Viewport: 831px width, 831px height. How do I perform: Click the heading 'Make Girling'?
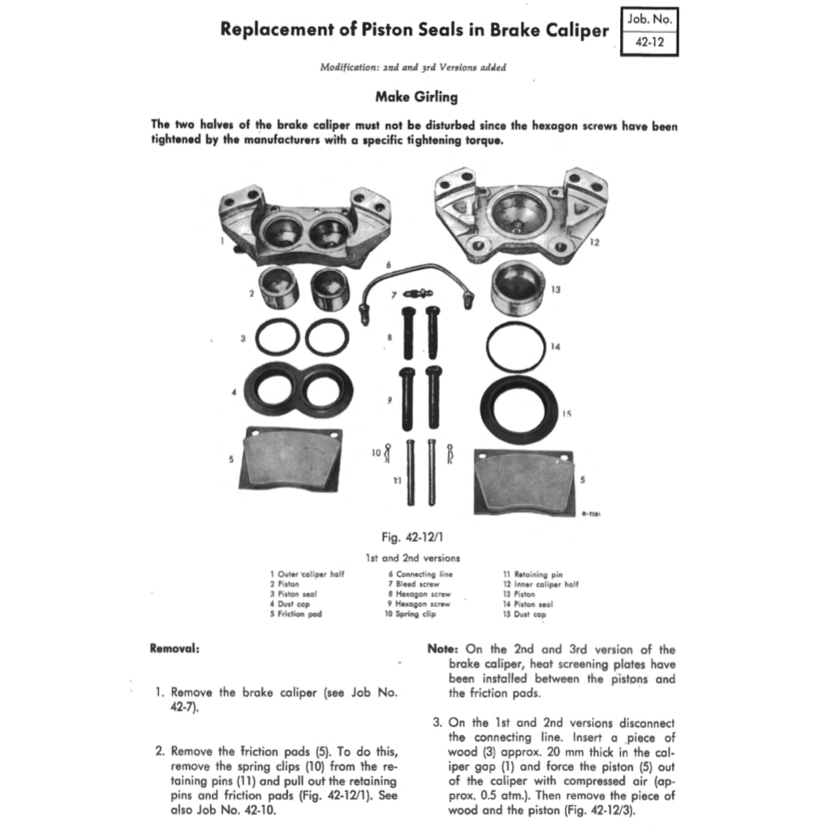click(415, 97)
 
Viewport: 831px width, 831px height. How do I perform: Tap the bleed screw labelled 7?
click(419, 294)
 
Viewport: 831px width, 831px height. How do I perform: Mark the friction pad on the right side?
click(523, 482)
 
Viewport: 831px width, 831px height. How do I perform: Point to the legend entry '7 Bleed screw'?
click(413, 584)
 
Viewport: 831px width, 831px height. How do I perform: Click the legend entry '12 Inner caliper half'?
click(540, 584)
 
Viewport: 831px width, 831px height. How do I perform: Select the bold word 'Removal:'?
click(175, 648)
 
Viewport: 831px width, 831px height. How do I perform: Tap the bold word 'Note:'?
click(444, 649)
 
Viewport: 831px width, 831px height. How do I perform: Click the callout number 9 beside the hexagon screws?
click(390, 399)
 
